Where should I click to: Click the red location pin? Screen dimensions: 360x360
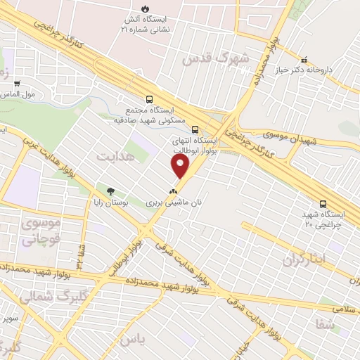point(181,166)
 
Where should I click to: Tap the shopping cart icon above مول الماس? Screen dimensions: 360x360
point(16,84)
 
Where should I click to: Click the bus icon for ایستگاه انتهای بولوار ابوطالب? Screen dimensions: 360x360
point(195,129)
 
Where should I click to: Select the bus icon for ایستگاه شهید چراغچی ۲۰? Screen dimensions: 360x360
point(322,204)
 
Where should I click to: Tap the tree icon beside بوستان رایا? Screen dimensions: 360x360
point(110,191)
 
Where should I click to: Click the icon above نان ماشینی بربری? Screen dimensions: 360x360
point(173,191)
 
